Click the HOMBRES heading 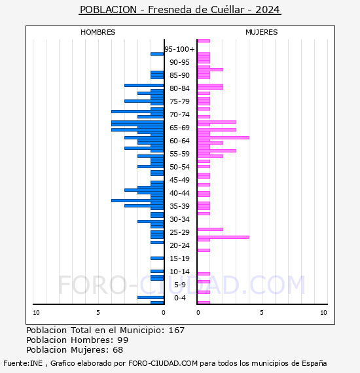[98, 32]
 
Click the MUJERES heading [262, 32]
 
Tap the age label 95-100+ [179, 49]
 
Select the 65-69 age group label [179, 128]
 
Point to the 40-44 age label [179, 193]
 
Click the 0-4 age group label [179, 298]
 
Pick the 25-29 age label [179, 232]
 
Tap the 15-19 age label [179, 258]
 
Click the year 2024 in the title [268, 10]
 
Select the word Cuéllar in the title [228, 10]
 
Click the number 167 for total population [176, 330]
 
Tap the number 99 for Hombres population [123, 340]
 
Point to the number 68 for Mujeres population [118, 350]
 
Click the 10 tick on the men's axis [36, 313]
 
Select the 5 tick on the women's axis [262, 313]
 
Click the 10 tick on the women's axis [323, 313]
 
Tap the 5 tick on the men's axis [98, 313]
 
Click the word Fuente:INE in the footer [23, 363]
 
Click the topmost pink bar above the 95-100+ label [204, 41]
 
